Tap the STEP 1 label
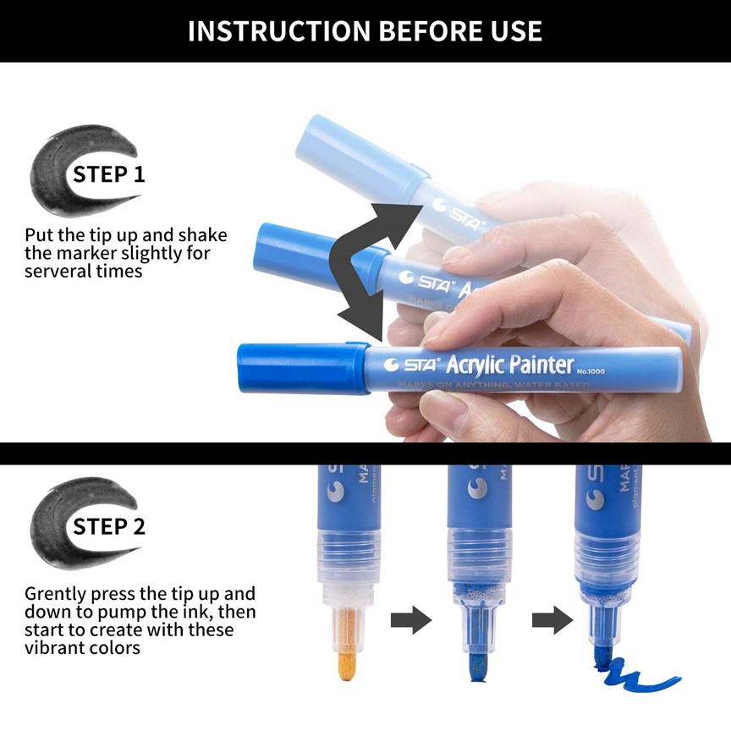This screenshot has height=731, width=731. (x=108, y=175)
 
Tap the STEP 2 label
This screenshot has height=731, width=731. (x=108, y=526)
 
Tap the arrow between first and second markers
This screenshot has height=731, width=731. (x=410, y=621)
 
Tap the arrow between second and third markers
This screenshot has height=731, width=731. (x=547, y=621)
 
